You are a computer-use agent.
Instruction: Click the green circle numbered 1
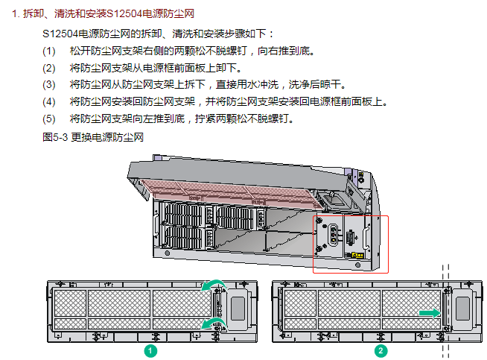tap(151, 350)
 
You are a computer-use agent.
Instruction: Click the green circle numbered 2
tap(381, 350)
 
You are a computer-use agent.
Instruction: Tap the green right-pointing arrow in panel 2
tap(429, 314)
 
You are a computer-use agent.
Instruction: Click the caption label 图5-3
tap(56, 137)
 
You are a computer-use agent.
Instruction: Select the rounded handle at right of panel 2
tap(465, 306)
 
